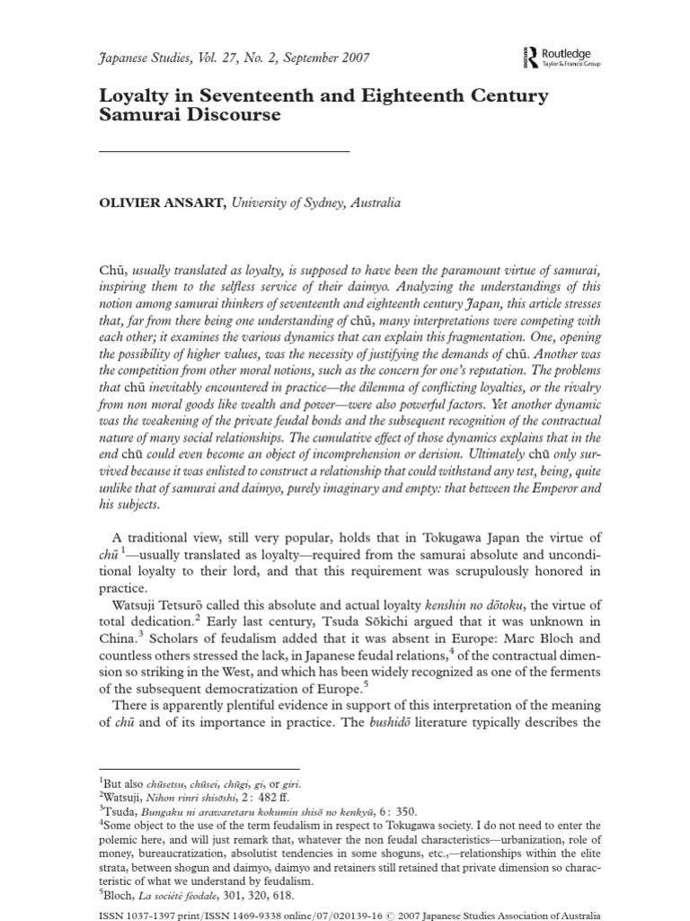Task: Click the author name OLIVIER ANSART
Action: coord(166,203)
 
